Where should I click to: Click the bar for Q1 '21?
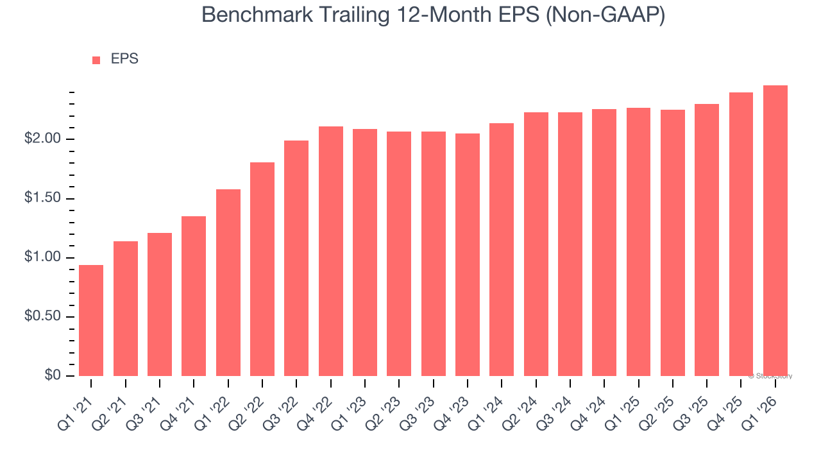tap(91, 320)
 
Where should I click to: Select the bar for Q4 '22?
tap(330, 251)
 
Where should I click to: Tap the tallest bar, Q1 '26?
tap(775, 230)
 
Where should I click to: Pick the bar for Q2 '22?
tap(262, 269)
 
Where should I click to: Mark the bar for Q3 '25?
tap(707, 240)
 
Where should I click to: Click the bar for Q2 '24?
tap(536, 244)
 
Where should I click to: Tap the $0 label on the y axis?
tap(53, 375)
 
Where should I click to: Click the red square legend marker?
tap(96, 60)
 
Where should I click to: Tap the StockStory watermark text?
tap(770, 376)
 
